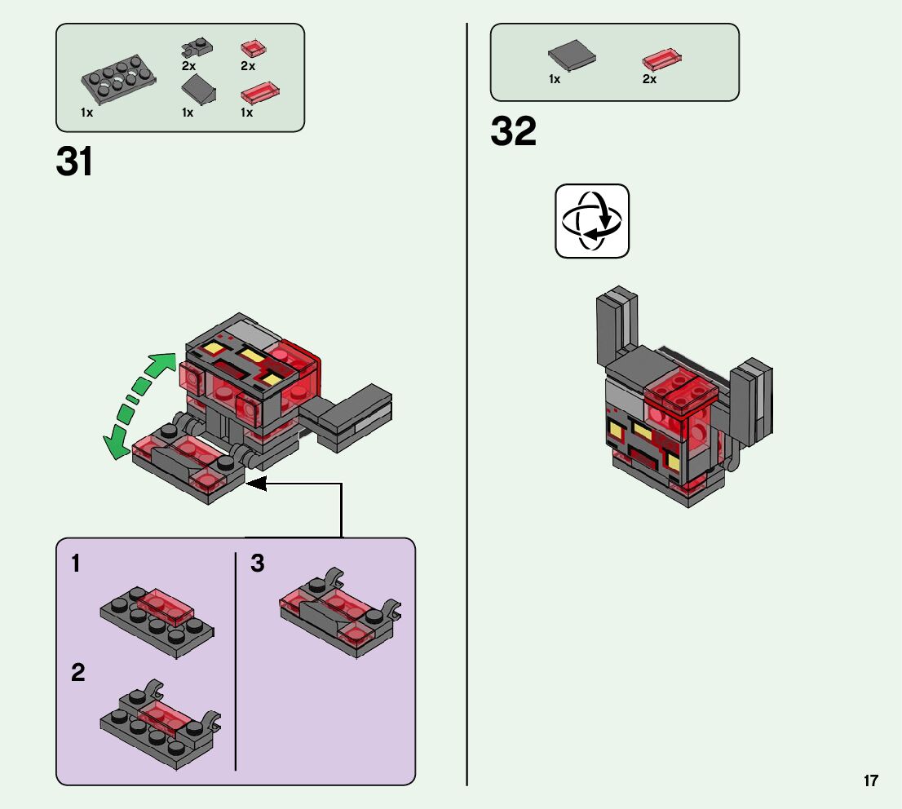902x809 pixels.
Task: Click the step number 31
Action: (x=74, y=161)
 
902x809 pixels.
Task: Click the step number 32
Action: (x=513, y=130)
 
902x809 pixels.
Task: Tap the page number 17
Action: (x=870, y=780)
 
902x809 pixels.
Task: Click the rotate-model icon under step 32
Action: (x=592, y=221)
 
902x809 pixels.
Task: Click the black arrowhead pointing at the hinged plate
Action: (x=257, y=484)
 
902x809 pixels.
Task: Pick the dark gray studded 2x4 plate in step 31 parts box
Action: (x=118, y=79)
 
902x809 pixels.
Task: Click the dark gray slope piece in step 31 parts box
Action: (x=198, y=89)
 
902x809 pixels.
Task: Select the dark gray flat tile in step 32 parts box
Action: (x=572, y=55)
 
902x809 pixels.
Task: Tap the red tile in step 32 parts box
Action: (x=661, y=59)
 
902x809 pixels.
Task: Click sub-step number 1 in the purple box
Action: (x=75, y=564)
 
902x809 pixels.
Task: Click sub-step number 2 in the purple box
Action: (x=77, y=672)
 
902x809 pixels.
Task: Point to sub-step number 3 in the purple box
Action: (x=257, y=564)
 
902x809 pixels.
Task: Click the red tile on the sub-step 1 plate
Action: (x=165, y=607)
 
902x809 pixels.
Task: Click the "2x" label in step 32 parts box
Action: (x=649, y=79)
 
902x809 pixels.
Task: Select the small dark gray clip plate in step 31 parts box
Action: (x=197, y=48)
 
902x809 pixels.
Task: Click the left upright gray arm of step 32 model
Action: (x=617, y=327)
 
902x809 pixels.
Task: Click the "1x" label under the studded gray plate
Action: (x=87, y=113)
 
